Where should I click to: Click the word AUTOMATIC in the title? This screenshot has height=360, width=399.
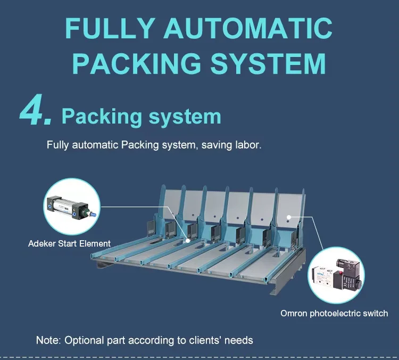(248, 28)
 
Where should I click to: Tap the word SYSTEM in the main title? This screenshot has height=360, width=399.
(268, 63)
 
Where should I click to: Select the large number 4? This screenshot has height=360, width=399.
(35, 110)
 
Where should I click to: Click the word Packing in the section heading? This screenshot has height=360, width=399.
(102, 117)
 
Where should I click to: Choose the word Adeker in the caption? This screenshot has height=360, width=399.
(41, 243)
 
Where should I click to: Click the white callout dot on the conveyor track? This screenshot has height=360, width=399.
(188, 240)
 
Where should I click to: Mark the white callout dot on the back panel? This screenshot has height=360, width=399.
(289, 217)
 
